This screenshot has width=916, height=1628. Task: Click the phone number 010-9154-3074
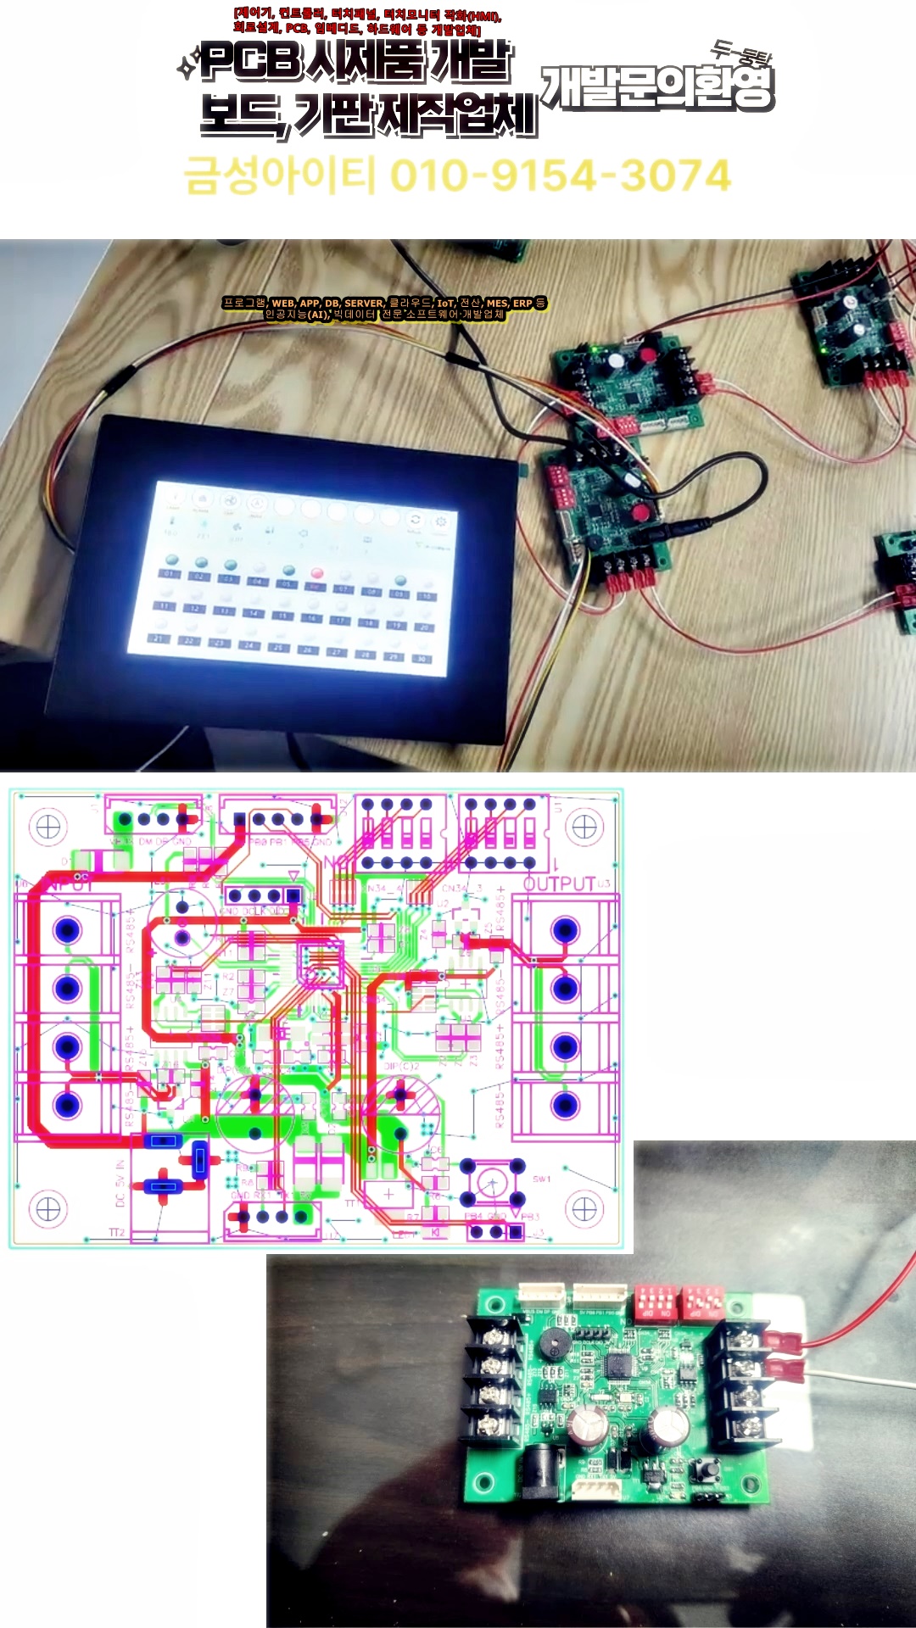click(560, 176)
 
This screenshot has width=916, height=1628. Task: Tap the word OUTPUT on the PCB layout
click(559, 884)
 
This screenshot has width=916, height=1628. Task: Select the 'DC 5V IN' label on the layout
click(120, 1183)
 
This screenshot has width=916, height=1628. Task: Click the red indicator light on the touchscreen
click(317, 575)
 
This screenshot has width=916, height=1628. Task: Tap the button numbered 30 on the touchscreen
click(421, 659)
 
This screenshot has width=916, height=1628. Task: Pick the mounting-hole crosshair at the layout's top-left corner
click(47, 826)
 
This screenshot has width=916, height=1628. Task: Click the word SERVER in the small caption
click(364, 303)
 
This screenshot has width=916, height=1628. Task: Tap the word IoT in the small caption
click(445, 303)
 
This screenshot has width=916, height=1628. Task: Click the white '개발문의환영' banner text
click(657, 87)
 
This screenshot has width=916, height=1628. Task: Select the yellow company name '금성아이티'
click(280, 176)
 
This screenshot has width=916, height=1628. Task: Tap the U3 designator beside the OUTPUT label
click(604, 884)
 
